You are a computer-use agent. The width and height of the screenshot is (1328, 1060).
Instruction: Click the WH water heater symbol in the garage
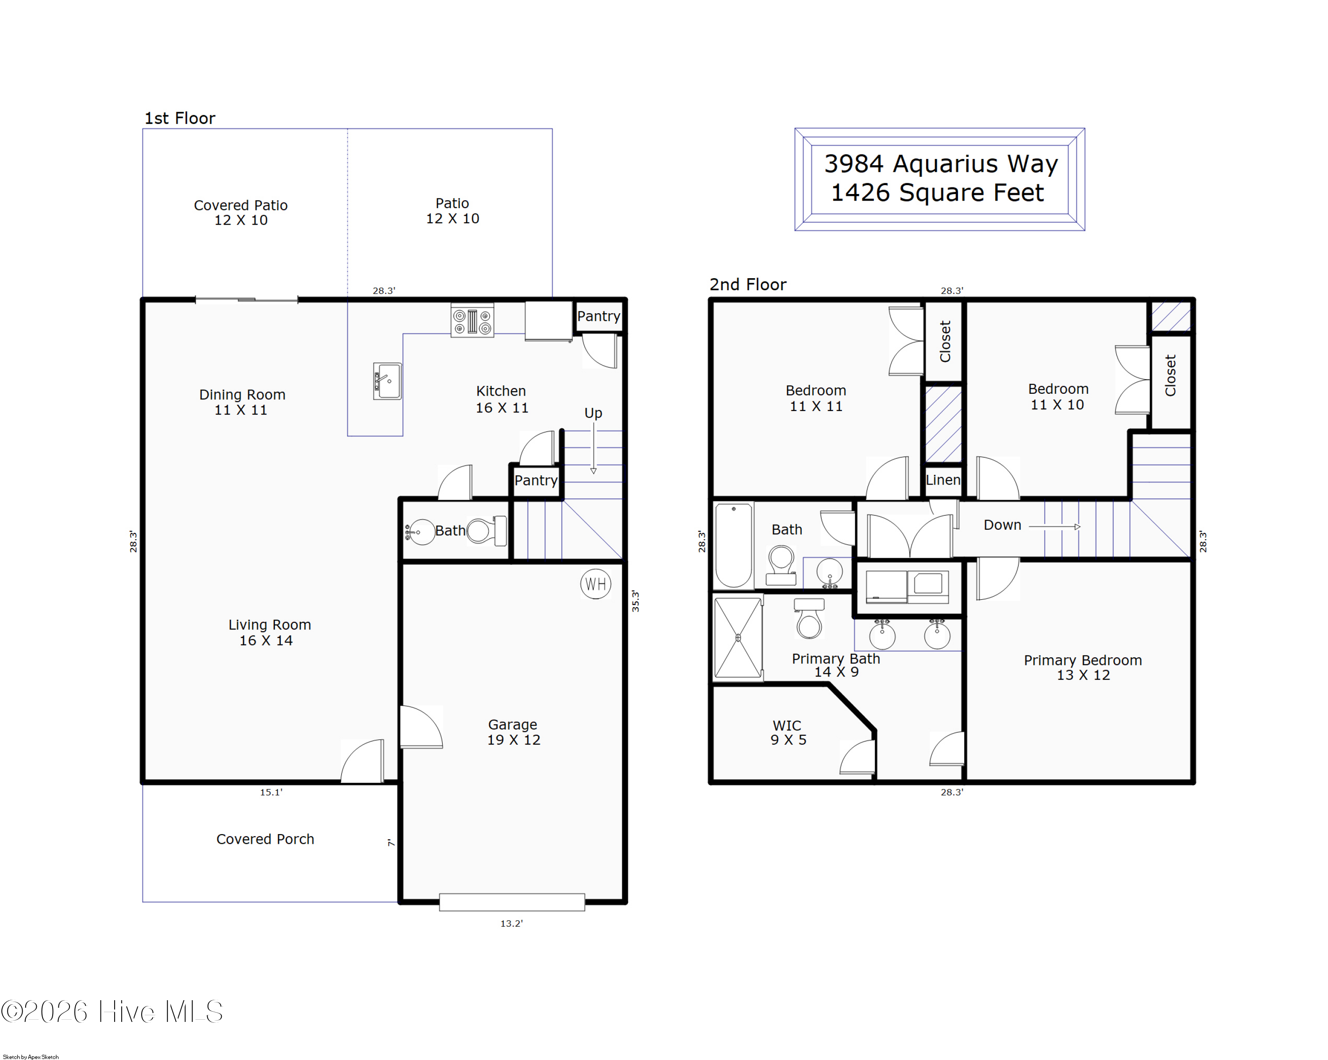point(596,584)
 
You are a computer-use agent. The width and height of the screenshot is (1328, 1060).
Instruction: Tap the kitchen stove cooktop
point(472,320)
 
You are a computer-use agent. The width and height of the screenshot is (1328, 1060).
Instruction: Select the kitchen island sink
point(387,381)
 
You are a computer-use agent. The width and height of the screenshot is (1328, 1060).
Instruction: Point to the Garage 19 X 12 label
point(513,732)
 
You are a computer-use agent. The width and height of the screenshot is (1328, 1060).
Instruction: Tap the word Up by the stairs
point(593,413)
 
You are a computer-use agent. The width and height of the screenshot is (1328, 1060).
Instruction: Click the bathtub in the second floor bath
point(733,545)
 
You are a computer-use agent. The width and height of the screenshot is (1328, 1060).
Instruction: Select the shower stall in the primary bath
point(738,638)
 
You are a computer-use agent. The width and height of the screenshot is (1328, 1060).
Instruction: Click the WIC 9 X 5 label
point(788,732)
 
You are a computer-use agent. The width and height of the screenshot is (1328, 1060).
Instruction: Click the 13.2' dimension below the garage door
point(511,923)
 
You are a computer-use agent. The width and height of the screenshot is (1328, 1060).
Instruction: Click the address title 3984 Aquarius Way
point(941,163)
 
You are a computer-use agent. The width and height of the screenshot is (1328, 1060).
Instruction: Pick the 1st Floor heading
point(180,118)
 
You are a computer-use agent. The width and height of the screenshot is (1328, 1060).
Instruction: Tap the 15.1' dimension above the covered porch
point(271,792)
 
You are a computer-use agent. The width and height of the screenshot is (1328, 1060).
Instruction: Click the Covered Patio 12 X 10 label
point(241,213)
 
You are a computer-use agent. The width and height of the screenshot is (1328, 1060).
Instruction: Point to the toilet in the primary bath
point(809,618)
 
